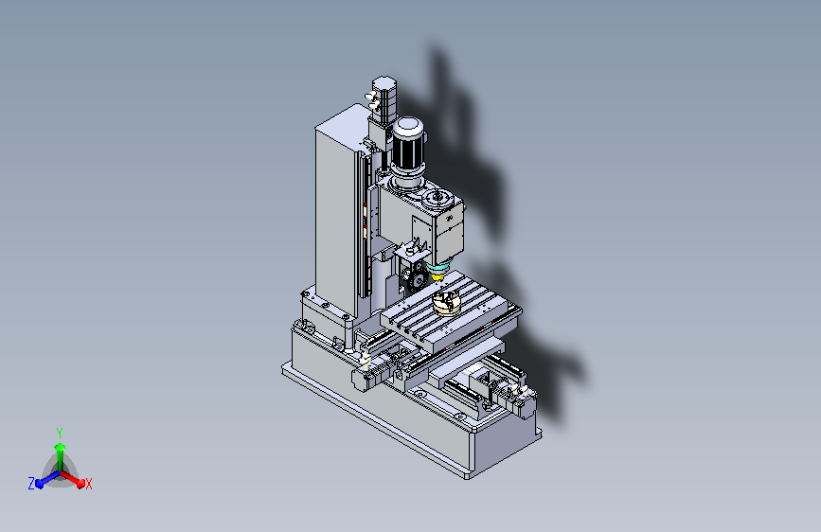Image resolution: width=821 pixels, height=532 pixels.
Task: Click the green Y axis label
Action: click(x=60, y=434)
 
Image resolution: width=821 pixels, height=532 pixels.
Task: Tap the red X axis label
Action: click(x=88, y=485)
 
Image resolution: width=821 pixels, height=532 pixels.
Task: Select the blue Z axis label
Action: click(x=31, y=484)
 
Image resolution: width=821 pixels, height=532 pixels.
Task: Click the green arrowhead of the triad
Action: click(x=61, y=447)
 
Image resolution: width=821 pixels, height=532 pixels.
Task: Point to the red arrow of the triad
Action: click(x=72, y=479)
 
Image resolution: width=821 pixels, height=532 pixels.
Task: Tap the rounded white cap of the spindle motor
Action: click(x=408, y=126)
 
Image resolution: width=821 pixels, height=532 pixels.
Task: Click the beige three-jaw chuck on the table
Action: click(x=446, y=303)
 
